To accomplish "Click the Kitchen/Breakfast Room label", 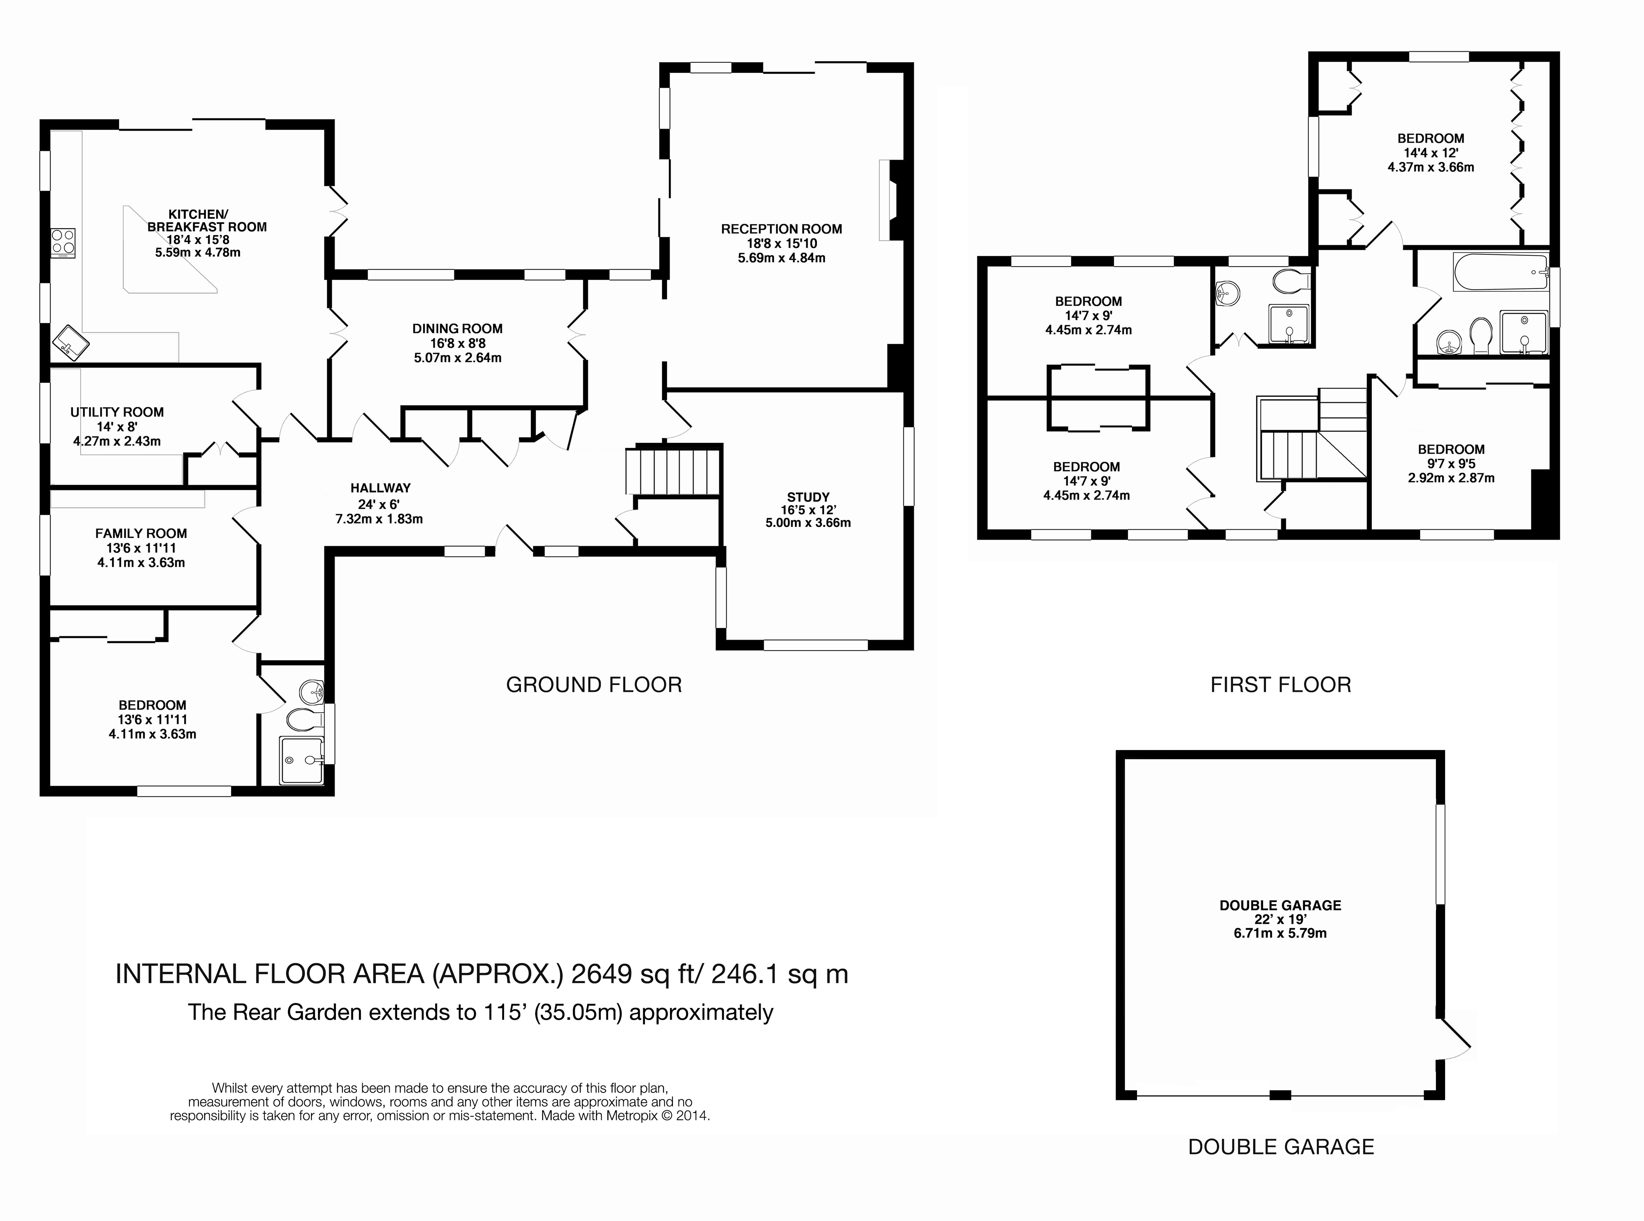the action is tap(207, 220).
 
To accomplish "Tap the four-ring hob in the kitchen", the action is tap(63, 242).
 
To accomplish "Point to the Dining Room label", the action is tap(457, 329).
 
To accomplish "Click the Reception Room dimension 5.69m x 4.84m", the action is tap(781, 258).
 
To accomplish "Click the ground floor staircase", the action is tap(672, 471).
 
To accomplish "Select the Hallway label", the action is tap(380, 488).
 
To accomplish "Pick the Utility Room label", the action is tap(117, 412).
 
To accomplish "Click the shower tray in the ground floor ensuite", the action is tap(302, 760).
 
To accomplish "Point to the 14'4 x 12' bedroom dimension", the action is tap(1431, 153).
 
